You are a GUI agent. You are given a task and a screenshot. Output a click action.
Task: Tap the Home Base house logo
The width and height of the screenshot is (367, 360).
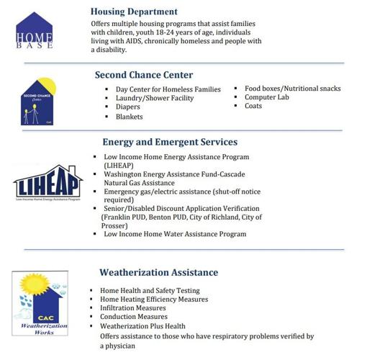[x=35, y=31]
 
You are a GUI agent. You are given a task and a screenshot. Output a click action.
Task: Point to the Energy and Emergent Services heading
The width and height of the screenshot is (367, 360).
[x=170, y=142]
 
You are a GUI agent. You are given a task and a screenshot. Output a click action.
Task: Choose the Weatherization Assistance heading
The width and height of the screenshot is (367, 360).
[x=158, y=272]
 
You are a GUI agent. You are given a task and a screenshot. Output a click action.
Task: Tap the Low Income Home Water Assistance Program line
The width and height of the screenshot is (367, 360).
[x=175, y=234]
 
